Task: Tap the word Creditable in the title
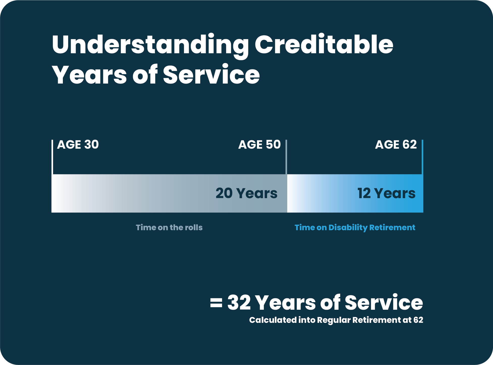coord(324,44)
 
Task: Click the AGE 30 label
coord(78,145)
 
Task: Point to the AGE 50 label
coord(260,145)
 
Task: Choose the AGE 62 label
coord(396,145)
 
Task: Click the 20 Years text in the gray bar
coord(246,193)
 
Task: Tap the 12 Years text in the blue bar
coord(386,193)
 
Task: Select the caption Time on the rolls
coord(169,227)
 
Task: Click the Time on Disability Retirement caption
coord(355,228)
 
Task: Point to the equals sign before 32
coord(216,303)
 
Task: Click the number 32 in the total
coord(239,302)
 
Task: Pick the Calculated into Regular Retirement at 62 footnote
coord(336,320)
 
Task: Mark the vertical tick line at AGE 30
coord(52,157)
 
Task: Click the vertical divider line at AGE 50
coord(286,157)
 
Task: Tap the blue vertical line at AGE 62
coord(422,157)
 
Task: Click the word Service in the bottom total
coord(384,302)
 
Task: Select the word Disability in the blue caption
coord(348,228)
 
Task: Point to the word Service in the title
coord(211,74)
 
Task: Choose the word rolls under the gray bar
coord(194,227)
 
